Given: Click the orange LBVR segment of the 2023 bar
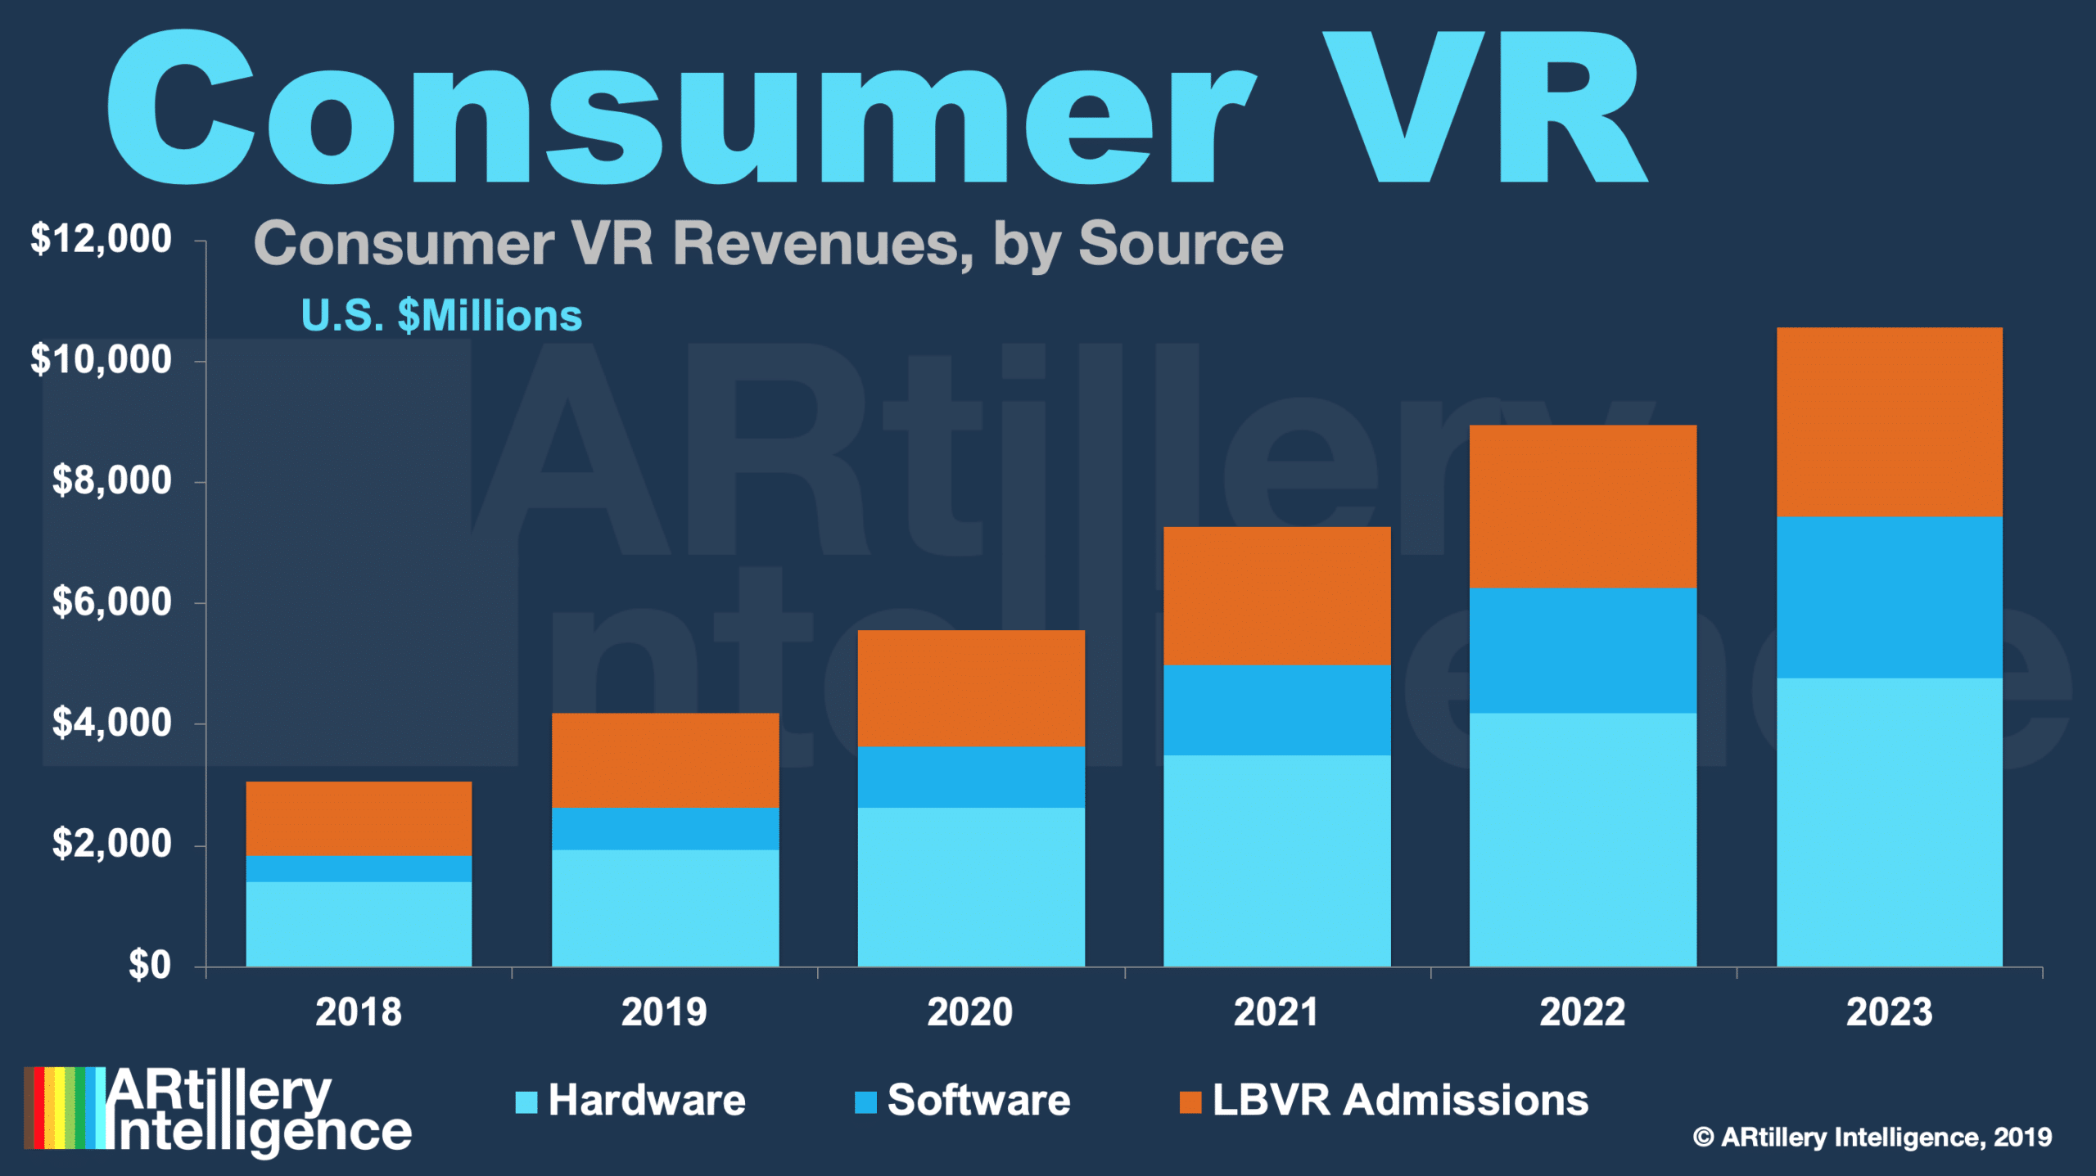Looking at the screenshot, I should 1889,421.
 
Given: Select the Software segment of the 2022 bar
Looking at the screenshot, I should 1583,651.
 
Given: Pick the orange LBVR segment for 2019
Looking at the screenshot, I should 665,760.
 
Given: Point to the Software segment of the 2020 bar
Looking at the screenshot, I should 971,777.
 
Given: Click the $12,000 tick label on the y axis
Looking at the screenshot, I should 101,239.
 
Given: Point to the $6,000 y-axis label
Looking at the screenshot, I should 111,602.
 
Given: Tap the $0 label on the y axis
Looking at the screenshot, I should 149,965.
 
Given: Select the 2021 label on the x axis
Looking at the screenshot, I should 1276,1012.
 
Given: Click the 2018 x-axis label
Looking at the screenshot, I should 359,1012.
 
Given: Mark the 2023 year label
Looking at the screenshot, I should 1889,1012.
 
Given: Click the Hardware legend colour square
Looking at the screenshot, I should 526,1102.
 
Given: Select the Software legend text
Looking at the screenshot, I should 978,1100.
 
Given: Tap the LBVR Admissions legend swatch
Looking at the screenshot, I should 1190,1102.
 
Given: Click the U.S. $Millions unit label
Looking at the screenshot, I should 441,316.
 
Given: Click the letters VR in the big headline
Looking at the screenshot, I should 1482,106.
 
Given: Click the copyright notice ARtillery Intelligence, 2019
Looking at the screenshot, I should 1872,1137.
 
